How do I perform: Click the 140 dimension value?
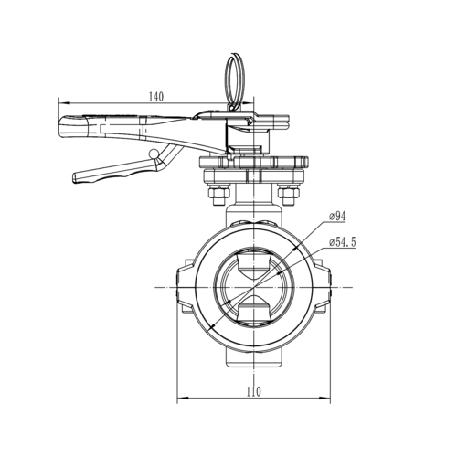click(x=157, y=97)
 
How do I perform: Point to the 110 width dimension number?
click(x=253, y=391)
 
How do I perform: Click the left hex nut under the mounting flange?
click(x=218, y=194)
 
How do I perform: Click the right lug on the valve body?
click(x=323, y=286)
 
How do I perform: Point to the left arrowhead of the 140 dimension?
click(x=62, y=103)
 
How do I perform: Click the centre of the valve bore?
click(x=251, y=286)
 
